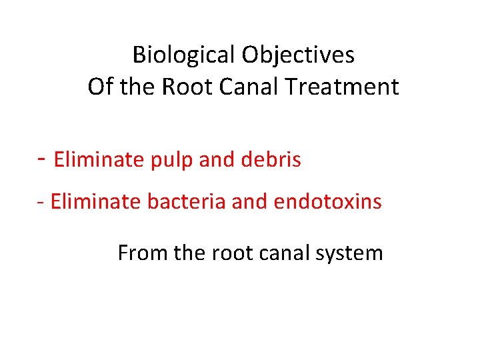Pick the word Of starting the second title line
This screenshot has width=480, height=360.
pyautogui.click(x=99, y=87)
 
